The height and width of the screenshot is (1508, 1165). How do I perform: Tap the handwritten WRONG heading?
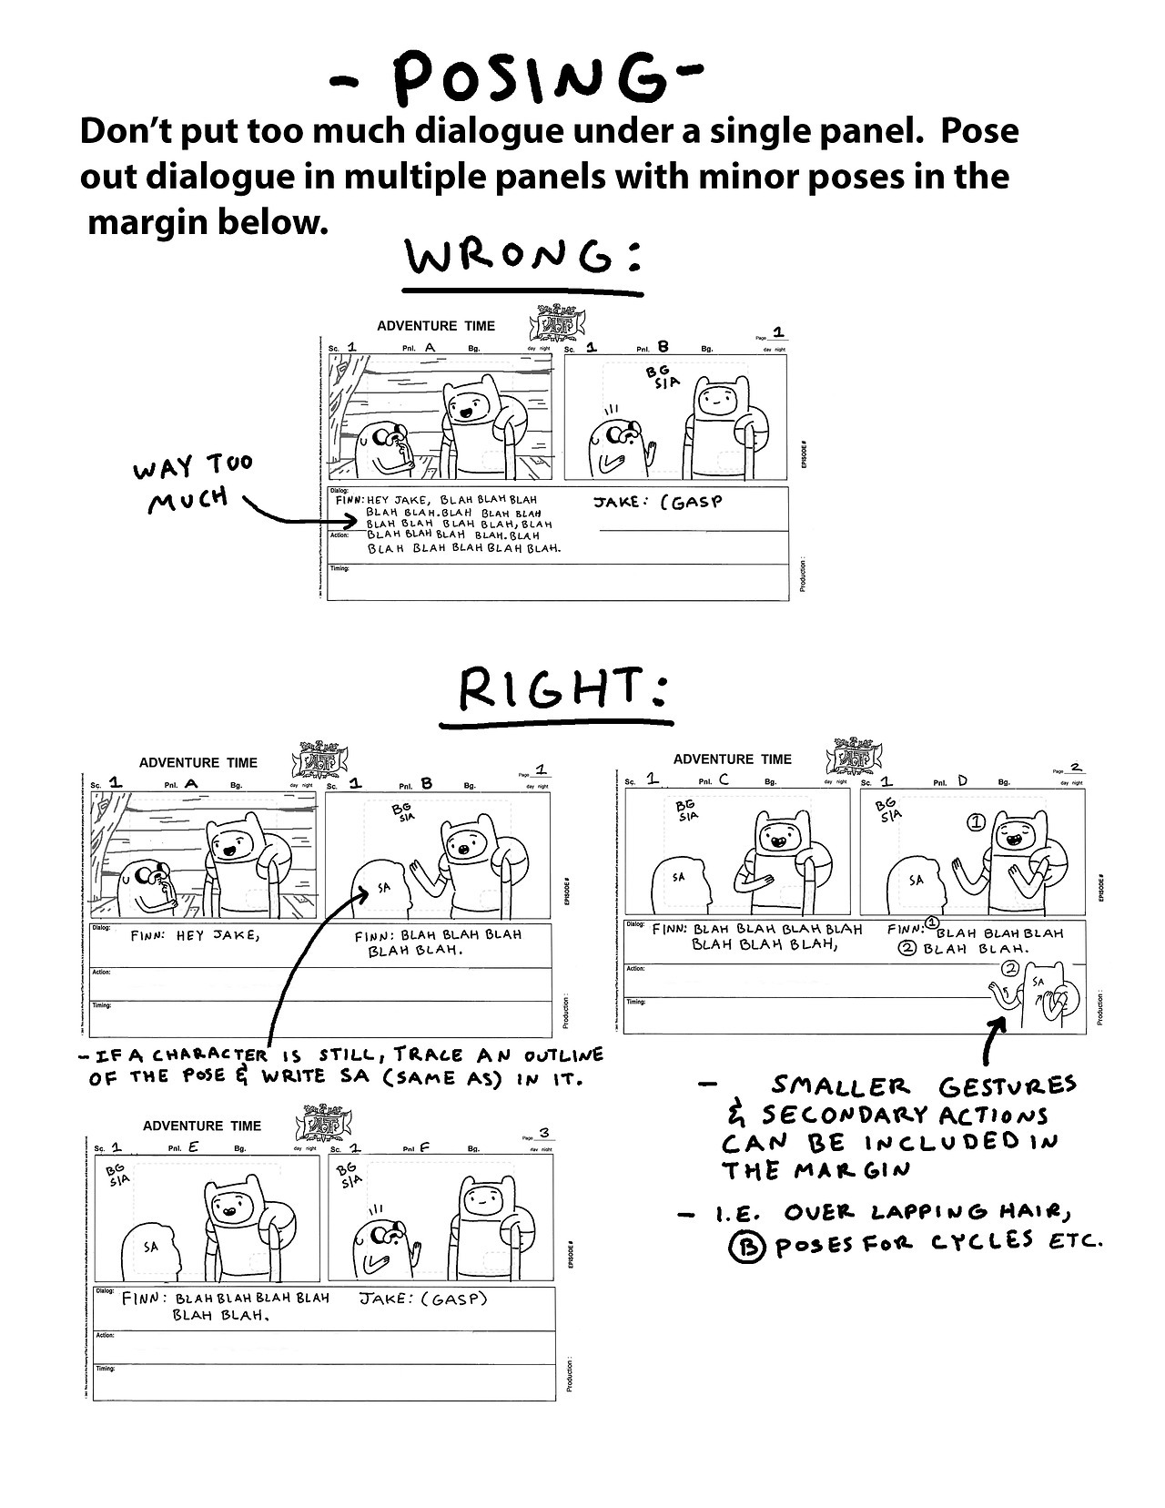tap(524, 260)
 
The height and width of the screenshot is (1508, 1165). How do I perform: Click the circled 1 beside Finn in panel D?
tap(975, 822)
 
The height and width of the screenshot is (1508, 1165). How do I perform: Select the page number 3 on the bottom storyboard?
tap(543, 1134)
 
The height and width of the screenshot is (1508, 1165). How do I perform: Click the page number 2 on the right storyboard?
tap(1076, 769)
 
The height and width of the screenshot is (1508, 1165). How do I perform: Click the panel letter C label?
tap(724, 780)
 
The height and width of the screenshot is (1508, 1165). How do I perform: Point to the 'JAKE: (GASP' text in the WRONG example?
tap(658, 501)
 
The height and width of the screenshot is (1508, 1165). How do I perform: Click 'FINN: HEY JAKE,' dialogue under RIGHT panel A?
tap(196, 935)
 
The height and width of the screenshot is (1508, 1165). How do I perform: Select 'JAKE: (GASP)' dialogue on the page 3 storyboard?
tap(424, 1299)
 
